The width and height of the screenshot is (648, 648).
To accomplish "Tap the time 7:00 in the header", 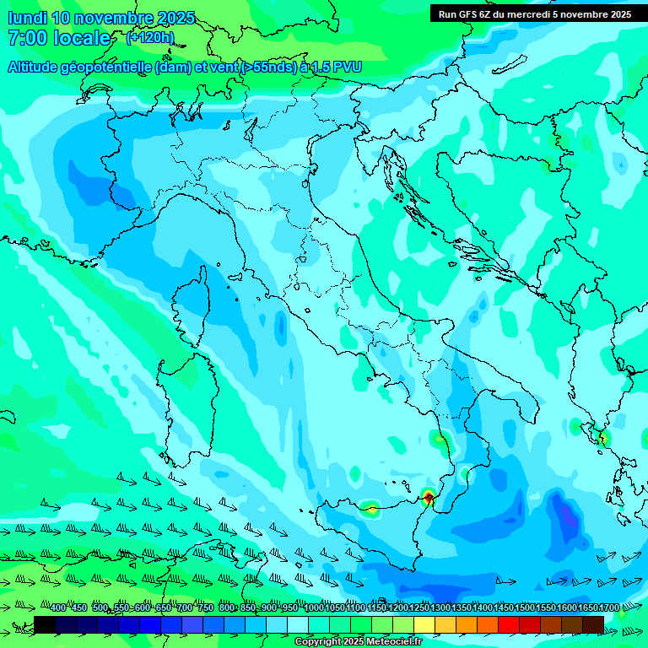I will pyautogui.click(x=26, y=38).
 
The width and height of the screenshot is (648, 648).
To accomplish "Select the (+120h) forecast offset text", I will pyautogui.click(x=149, y=38).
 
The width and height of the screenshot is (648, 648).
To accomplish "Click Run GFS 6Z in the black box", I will pyautogui.click(x=472, y=14).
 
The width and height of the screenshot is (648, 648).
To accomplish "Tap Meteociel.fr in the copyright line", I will pyautogui.click(x=388, y=642).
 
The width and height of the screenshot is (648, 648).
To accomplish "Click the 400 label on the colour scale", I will pyautogui.click(x=58, y=608).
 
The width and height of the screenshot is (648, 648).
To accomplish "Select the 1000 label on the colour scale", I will pyautogui.click(x=314, y=608).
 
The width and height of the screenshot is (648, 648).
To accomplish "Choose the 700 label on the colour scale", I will pyautogui.click(x=185, y=608).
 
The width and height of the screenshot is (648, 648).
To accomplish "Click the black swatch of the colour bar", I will pyautogui.click(x=45, y=624).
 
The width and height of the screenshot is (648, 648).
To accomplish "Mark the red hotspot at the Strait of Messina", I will pyautogui.click(x=429, y=496).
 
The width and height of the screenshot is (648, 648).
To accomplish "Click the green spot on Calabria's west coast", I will pyautogui.click(x=439, y=438).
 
